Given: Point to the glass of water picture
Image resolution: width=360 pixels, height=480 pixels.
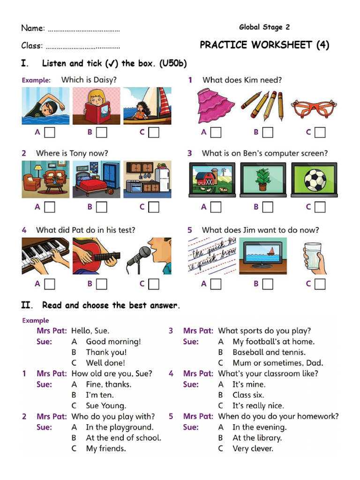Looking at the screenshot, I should (x=314, y=257).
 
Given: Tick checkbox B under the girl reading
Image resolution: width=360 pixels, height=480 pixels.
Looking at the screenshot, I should (x=102, y=133).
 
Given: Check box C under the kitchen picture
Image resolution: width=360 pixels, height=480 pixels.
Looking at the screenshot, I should (x=154, y=207).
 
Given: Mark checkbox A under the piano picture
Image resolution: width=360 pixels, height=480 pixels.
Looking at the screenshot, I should (x=50, y=284).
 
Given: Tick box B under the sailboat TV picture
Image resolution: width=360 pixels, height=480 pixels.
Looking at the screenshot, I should (x=268, y=284).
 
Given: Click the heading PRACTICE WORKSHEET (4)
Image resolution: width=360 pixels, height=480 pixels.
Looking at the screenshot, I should (x=264, y=45).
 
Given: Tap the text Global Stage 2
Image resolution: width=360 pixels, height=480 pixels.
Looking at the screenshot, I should (x=264, y=27).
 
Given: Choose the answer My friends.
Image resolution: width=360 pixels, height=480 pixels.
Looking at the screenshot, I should (x=105, y=449).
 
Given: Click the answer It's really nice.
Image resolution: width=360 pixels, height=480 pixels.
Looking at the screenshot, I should (x=258, y=405).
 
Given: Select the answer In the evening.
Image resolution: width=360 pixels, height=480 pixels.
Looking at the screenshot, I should (x=259, y=427).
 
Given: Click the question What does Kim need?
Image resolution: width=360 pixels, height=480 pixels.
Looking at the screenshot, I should (x=242, y=80).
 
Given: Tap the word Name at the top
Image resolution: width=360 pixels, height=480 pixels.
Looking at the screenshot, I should (x=32, y=28).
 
